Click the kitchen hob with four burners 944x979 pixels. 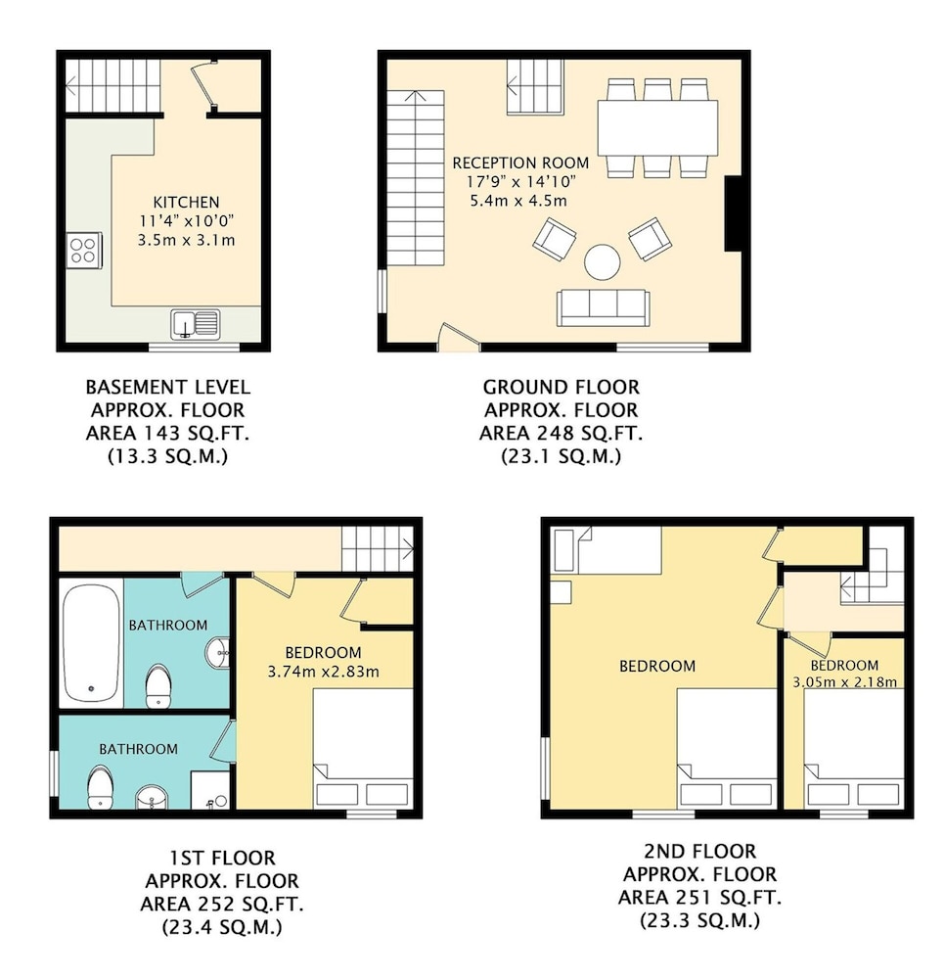tap(83, 251)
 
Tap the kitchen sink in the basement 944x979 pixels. tap(196, 324)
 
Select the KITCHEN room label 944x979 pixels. tap(187, 203)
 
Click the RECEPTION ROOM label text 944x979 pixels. tap(520, 163)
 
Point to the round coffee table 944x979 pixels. tap(602, 261)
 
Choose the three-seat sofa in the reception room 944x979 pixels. tap(603, 307)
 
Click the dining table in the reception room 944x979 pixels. tap(657, 128)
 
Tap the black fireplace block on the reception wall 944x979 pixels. tap(733, 213)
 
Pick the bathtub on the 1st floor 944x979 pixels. tap(92, 642)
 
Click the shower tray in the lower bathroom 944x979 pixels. tap(210, 790)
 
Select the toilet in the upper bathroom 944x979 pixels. tap(157, 686)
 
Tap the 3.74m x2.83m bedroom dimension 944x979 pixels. tap(323, 672)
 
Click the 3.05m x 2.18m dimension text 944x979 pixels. tap(845, 681)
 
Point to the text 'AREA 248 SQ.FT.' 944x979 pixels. tap(561, 433)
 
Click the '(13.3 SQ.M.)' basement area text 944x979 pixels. tap(168, 456)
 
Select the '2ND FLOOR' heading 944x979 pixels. tap(700, 851)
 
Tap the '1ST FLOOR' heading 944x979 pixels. tap(222, 858)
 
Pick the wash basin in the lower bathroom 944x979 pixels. tap(152, 797)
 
